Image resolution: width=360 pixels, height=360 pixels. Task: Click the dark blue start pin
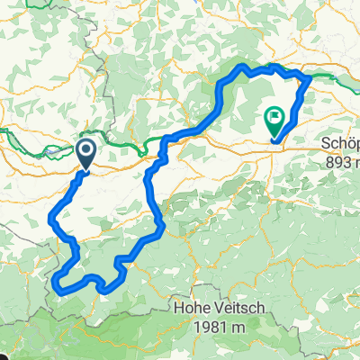[87, 153]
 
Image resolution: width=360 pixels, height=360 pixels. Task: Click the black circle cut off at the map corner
[3, 356]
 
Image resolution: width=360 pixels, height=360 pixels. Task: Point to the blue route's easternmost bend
[310, 78]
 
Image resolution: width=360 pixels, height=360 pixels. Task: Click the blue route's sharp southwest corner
[58, 285]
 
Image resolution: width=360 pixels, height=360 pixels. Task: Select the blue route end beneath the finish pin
[273, 139]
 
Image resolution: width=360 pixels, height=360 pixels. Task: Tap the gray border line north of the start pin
[106, 99]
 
